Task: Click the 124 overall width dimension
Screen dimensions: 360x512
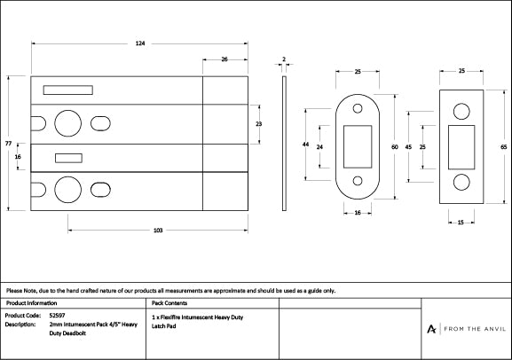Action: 139,43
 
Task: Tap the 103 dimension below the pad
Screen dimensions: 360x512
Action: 157,231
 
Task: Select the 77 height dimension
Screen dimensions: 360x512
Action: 8,143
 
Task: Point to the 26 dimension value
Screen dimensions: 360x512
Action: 224,59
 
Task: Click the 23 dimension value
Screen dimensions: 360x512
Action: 258,124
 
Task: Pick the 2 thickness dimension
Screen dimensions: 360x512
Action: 283,60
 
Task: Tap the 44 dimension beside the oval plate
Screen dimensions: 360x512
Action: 305,144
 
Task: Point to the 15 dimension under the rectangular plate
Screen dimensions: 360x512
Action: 461,223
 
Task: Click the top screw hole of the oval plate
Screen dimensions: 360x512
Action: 358,109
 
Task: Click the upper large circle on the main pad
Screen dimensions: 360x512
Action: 67,121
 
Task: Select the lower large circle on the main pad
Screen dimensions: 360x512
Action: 67,189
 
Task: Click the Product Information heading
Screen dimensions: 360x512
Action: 31,302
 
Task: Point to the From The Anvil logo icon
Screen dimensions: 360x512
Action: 431,329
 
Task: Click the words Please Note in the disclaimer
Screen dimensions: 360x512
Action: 21,290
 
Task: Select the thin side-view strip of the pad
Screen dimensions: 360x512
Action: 283,143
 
